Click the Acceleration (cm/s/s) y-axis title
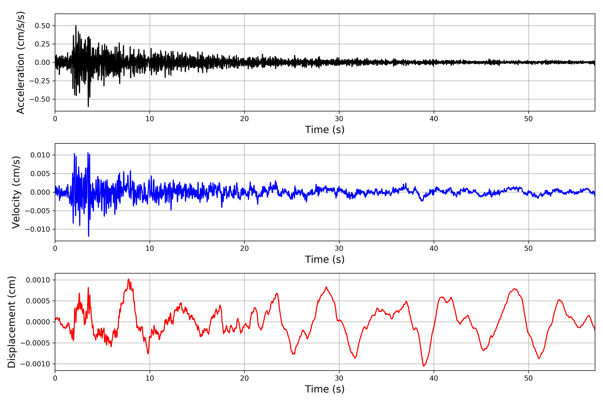(x=20, y=62)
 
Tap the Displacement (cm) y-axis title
(x=12, y=322)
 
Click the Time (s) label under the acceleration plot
(x=325, y=130)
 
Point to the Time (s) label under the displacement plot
(x=325, y=389)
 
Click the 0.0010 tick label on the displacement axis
(x=38, y=280)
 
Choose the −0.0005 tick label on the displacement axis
(x=35, y=343)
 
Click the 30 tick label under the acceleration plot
(x=339, y=119)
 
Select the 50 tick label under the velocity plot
(x=528, y=248)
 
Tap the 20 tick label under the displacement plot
(x=244, y=378)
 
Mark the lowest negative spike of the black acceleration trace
(x=88, y=106)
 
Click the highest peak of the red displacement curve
(x=128, y=279)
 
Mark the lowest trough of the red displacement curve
(x=424, y=366)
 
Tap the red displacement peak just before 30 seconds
(x=326, y=287)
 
